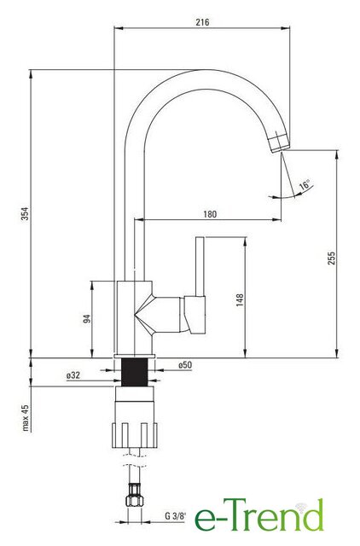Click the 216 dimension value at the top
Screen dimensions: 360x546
click(202, 22)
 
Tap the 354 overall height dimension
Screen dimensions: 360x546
click(26, 213)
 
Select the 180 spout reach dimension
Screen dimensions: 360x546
click(210, 214)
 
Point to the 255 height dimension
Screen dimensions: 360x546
click(331, 258)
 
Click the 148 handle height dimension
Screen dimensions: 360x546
click(240, 300)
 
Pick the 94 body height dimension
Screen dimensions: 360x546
click(87, 318)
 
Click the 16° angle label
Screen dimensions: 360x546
click(305, 185)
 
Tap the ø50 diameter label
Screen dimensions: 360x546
click(185, 365)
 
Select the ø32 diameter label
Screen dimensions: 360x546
click(73, 375)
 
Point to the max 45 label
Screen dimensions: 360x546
click(26, 418)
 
